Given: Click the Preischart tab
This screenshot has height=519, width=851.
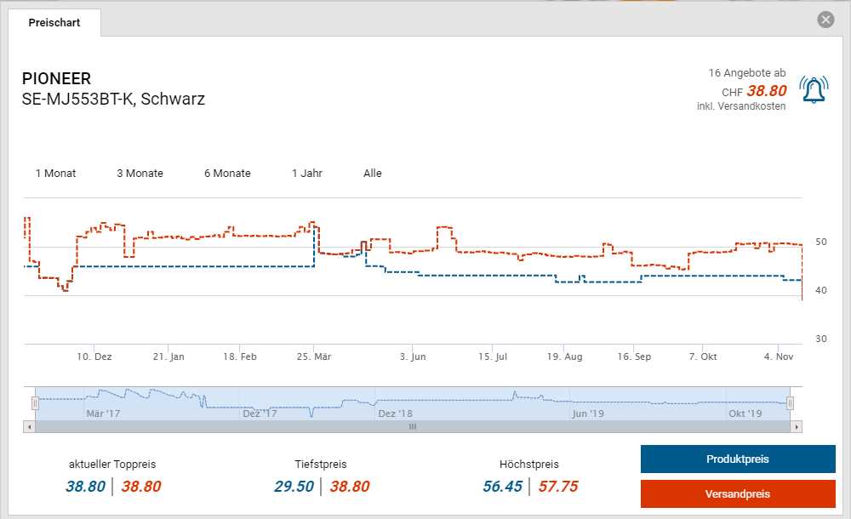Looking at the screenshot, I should (x=54, y=23).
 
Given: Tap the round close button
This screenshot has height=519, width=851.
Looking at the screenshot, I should (x=825, y=20).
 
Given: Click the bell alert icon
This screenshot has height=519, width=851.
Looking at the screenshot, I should (x=814, y=89).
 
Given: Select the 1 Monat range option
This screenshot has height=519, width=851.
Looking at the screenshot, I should (x=55, y=174).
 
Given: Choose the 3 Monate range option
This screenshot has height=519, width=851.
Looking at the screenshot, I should (x=140, y=174).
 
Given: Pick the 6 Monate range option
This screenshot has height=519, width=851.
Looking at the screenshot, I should (x=227, y=174).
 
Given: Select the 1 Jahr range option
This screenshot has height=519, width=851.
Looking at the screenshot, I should (x=307, y=174).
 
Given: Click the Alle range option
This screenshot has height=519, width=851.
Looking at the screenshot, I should (x=373, y=174).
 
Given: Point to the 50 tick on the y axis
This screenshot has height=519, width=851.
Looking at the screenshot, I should (x=821, y=242).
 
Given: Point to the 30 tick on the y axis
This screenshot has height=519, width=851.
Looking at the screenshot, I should (x=821, y=339).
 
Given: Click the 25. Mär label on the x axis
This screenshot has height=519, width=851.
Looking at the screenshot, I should (x=314, y=357).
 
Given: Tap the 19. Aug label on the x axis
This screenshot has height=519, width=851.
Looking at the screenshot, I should (x=564, y=357).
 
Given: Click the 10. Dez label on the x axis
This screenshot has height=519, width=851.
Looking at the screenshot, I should (x=94, y=357).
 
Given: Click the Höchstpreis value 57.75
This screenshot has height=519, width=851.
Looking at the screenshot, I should (x=558, y=487).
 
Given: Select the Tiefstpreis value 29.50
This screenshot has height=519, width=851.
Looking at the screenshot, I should (x=294, y=487).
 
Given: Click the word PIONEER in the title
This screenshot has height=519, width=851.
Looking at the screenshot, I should (x=56, y=79).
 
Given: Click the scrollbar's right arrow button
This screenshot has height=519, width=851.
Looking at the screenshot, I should (x=797, y=426).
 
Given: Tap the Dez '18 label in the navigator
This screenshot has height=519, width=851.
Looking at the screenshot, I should (x=395, y=413).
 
